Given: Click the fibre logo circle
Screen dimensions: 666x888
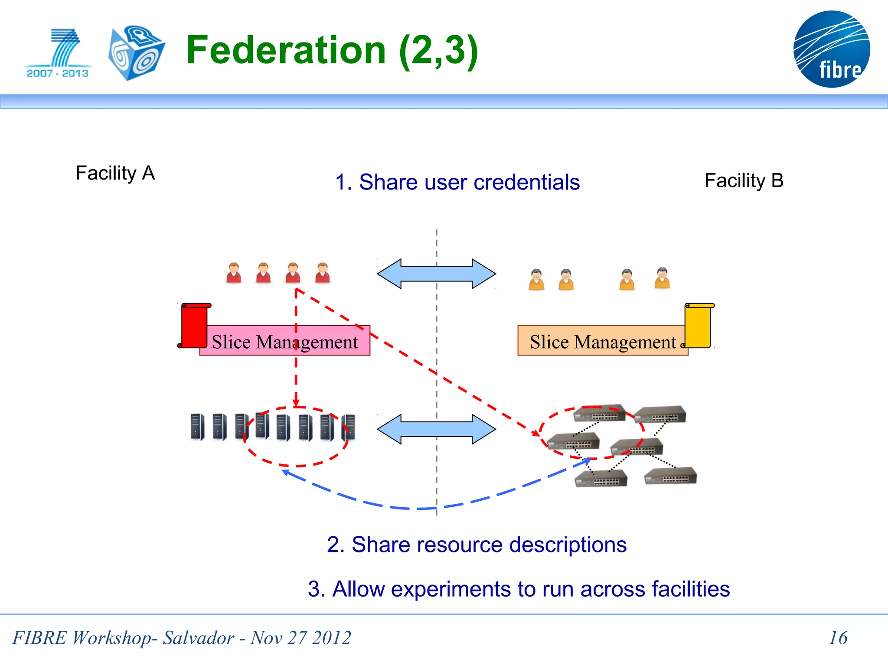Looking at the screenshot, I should pos(831,49).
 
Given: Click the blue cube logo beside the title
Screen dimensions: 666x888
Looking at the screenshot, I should pos(136,53).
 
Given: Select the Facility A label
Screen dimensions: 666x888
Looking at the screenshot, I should pos(115,173).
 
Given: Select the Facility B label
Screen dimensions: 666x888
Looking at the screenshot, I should pos(744,180).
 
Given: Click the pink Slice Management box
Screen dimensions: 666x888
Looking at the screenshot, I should pos(285,341).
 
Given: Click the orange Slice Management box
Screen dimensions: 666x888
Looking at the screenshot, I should pos(602,341).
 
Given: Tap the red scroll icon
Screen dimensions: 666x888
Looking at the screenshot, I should pos(194,325).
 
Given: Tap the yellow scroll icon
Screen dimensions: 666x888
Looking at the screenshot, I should pos(699,325).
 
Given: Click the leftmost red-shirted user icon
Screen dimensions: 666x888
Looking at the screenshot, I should pos(234,273).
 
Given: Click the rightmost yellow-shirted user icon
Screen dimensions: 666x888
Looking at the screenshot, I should pos(662,278).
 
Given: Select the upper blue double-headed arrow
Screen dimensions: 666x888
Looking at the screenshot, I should pos(436,274).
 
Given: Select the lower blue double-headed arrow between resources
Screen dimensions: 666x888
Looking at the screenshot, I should pos(436,429).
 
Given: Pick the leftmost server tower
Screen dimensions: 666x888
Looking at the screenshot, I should pos(197,427).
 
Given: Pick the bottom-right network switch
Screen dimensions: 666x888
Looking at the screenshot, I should pos(671,477).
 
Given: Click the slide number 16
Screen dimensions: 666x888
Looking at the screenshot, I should pos(838,638).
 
